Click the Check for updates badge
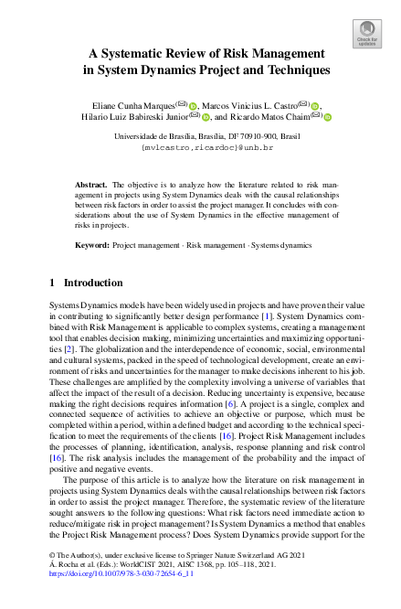(x=367, y=34)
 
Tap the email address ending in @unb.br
(x=200, y=145)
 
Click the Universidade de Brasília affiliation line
(x=200, y=134)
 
